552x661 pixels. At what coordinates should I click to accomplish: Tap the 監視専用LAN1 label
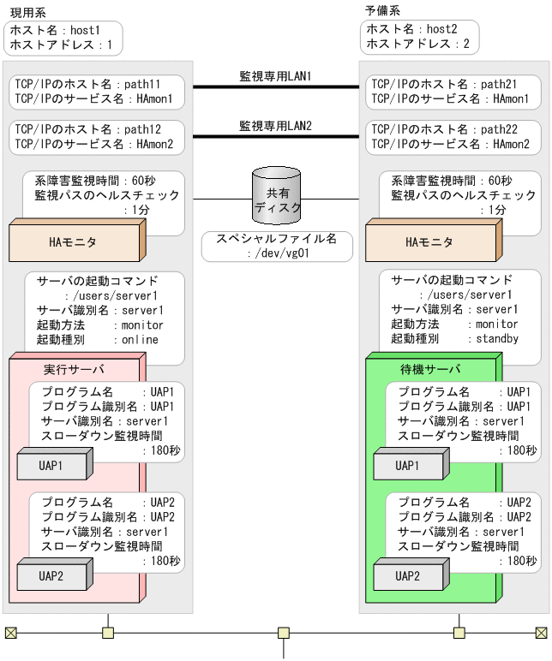click(275, 76)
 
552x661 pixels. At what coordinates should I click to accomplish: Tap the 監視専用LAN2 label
click(275, 126)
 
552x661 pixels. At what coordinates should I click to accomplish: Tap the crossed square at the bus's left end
click(11, 634)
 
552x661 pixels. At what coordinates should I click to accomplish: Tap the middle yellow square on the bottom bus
click(283, 634)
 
